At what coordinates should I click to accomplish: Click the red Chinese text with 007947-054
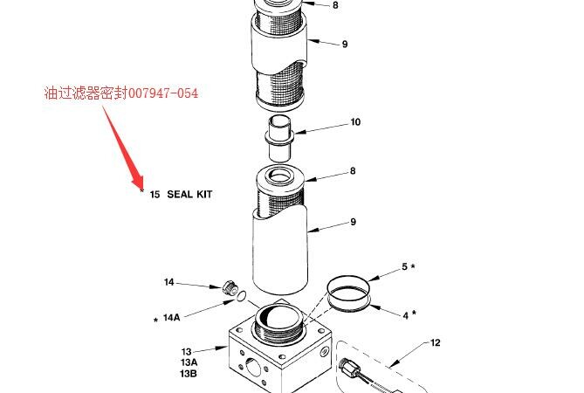121,93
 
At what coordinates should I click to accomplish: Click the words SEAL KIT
189,194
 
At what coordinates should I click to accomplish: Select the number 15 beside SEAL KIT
155,194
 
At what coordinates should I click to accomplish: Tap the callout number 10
355,122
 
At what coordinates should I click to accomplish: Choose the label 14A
171,317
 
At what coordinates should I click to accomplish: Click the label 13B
189,373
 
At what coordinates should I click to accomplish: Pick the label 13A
189,362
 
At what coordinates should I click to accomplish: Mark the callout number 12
435,342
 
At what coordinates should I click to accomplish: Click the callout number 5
405,266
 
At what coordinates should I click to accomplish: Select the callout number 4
406,315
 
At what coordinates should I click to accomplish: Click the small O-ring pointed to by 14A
241,296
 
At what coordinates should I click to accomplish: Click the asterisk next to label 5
413,266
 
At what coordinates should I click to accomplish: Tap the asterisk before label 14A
155,320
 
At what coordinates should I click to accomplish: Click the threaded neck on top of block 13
279,327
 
